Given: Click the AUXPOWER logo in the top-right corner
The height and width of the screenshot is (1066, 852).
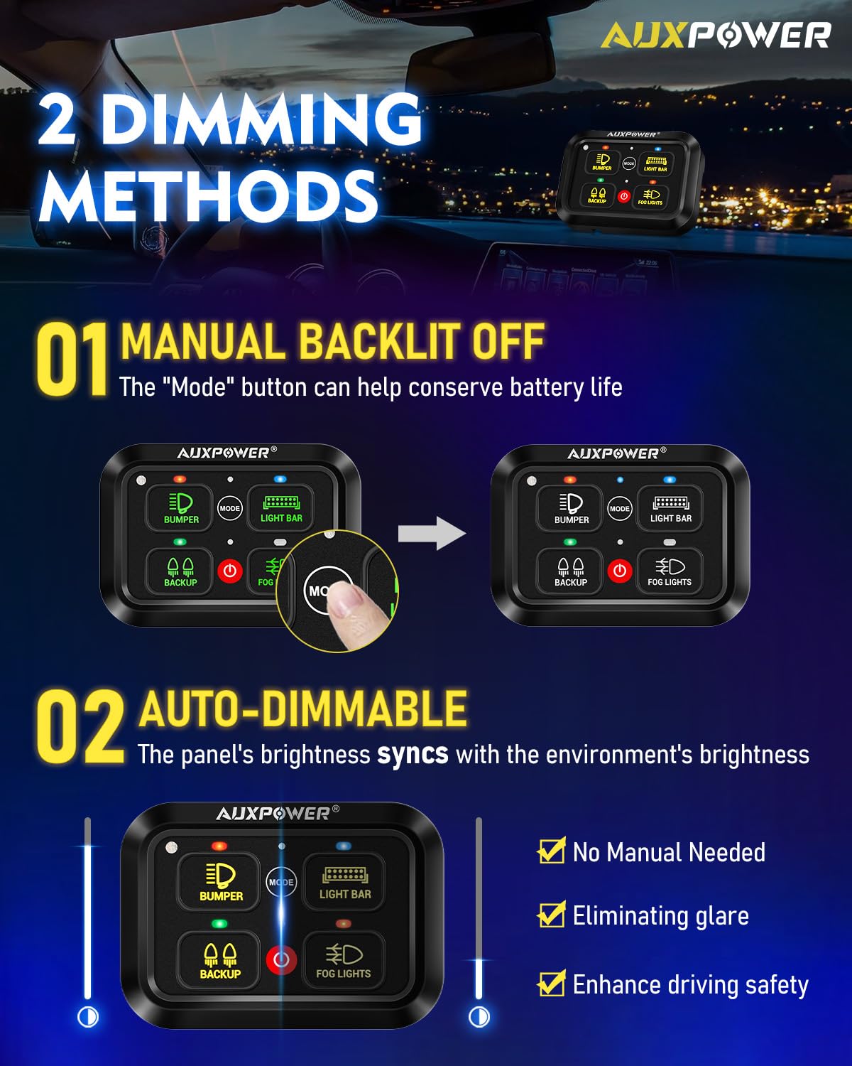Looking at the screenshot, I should coord(715,35).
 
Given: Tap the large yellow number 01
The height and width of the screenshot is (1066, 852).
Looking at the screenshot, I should coord(71,360).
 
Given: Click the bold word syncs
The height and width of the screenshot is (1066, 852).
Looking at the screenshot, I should coord(413,754).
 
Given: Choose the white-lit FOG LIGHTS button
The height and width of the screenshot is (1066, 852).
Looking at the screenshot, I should coord(670,571).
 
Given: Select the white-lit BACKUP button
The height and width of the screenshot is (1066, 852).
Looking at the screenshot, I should coord(571,571).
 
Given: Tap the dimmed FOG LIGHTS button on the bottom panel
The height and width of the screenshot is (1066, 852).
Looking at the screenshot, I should coord(344,960).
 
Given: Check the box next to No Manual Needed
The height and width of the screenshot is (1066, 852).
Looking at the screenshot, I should coord(551,851).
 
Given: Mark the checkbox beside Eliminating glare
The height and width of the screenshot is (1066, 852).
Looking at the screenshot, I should coord(551,915).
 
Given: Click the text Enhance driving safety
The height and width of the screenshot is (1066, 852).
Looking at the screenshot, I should coord(690,985).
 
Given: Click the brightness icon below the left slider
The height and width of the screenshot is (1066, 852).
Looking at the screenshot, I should coord(88,1017).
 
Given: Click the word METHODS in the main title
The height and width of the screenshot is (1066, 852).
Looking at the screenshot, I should coord(208,195).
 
